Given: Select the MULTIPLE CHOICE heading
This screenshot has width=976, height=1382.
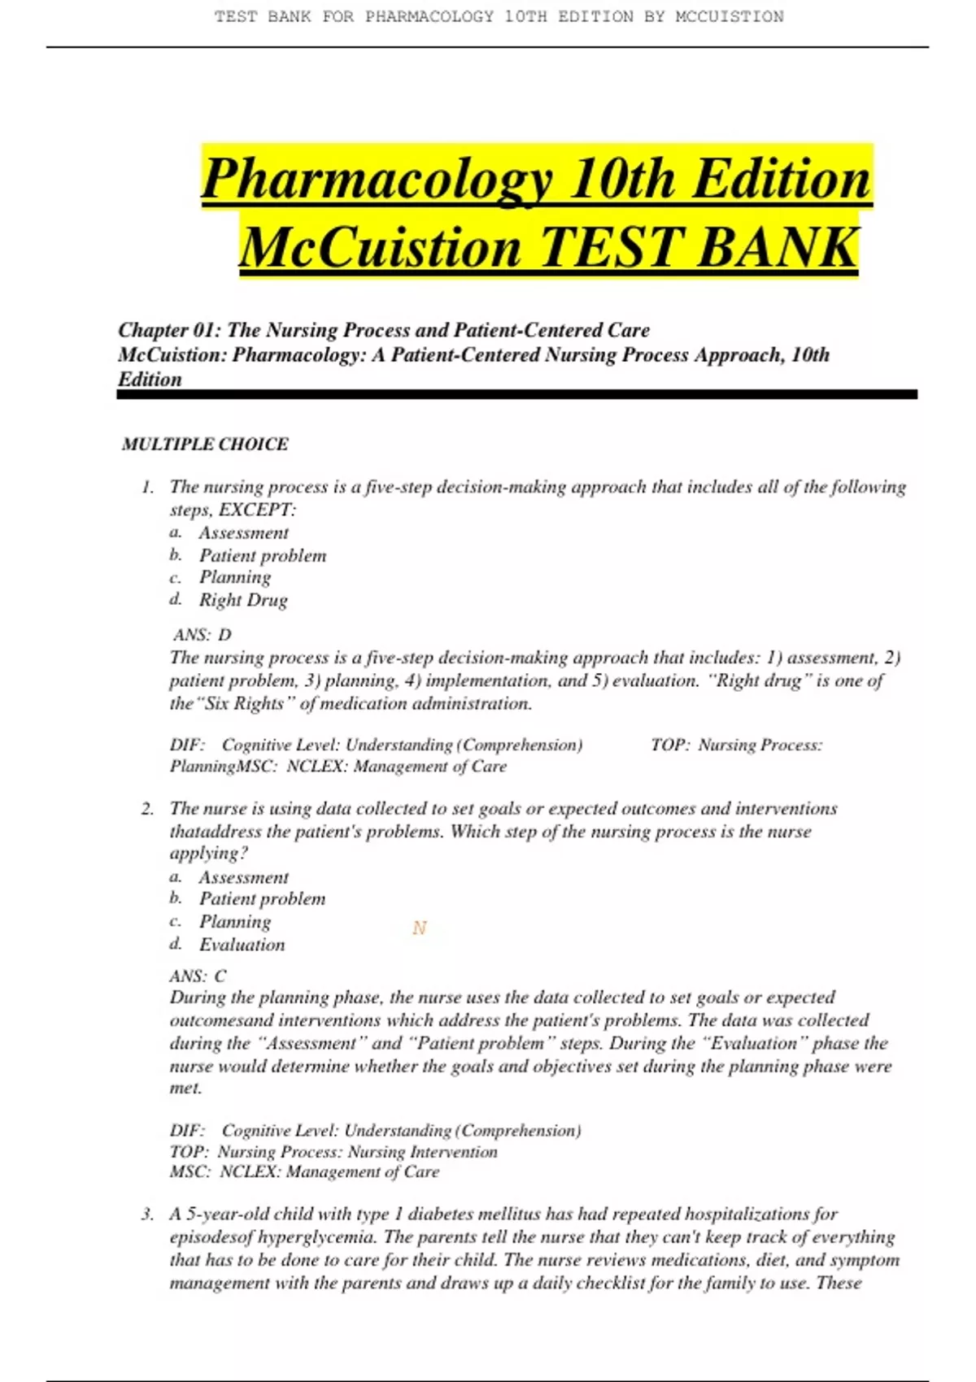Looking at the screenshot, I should [x=205, y=444].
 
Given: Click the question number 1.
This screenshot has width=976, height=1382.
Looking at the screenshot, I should [x=147, y=487].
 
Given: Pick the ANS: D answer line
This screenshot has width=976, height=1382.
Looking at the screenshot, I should [x=203, y=634].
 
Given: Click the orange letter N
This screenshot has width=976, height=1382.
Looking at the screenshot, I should [x=419, y=928].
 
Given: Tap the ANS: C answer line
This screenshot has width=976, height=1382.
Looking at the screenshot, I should [x=198, y=976].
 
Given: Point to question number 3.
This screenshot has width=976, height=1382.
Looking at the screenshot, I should [x=147, y=1214].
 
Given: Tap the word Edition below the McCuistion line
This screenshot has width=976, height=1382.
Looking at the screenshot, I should [x=150, y=380].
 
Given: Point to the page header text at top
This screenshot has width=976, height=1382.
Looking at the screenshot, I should [x=499, y=16].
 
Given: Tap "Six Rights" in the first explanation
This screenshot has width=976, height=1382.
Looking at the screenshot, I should [x=243, y=704].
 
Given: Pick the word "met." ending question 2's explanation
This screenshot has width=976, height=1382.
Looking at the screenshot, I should [x=185, y=1088].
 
